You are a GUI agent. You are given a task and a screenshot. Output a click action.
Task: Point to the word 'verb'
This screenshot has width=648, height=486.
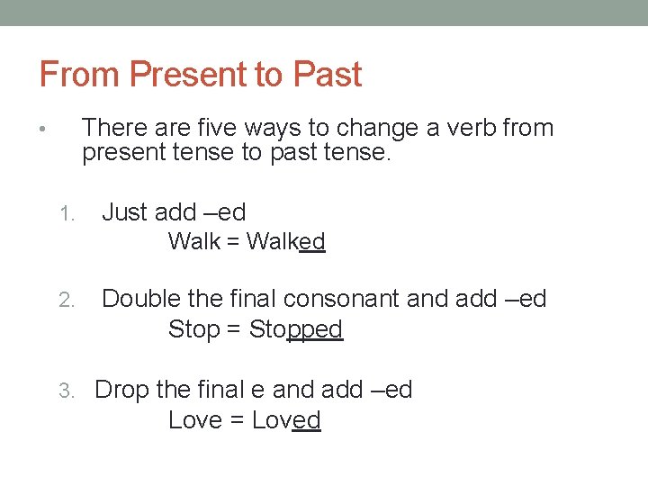[x=466, y=128]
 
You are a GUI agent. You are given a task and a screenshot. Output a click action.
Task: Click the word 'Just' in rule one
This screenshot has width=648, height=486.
[x=125, y=212]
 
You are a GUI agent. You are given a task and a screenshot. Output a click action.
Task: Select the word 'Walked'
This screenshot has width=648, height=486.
[x=285, y=241]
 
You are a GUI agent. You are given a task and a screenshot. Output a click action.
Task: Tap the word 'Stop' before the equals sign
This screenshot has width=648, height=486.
[x=193, y=329]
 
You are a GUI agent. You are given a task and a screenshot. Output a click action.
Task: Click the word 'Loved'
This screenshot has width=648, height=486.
[x=286, y=420]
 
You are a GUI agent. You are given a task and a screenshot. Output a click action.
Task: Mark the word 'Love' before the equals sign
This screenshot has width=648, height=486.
[x=194, y=420]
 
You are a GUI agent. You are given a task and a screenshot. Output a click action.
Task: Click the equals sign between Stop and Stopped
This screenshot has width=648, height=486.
[x=233, y=330]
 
